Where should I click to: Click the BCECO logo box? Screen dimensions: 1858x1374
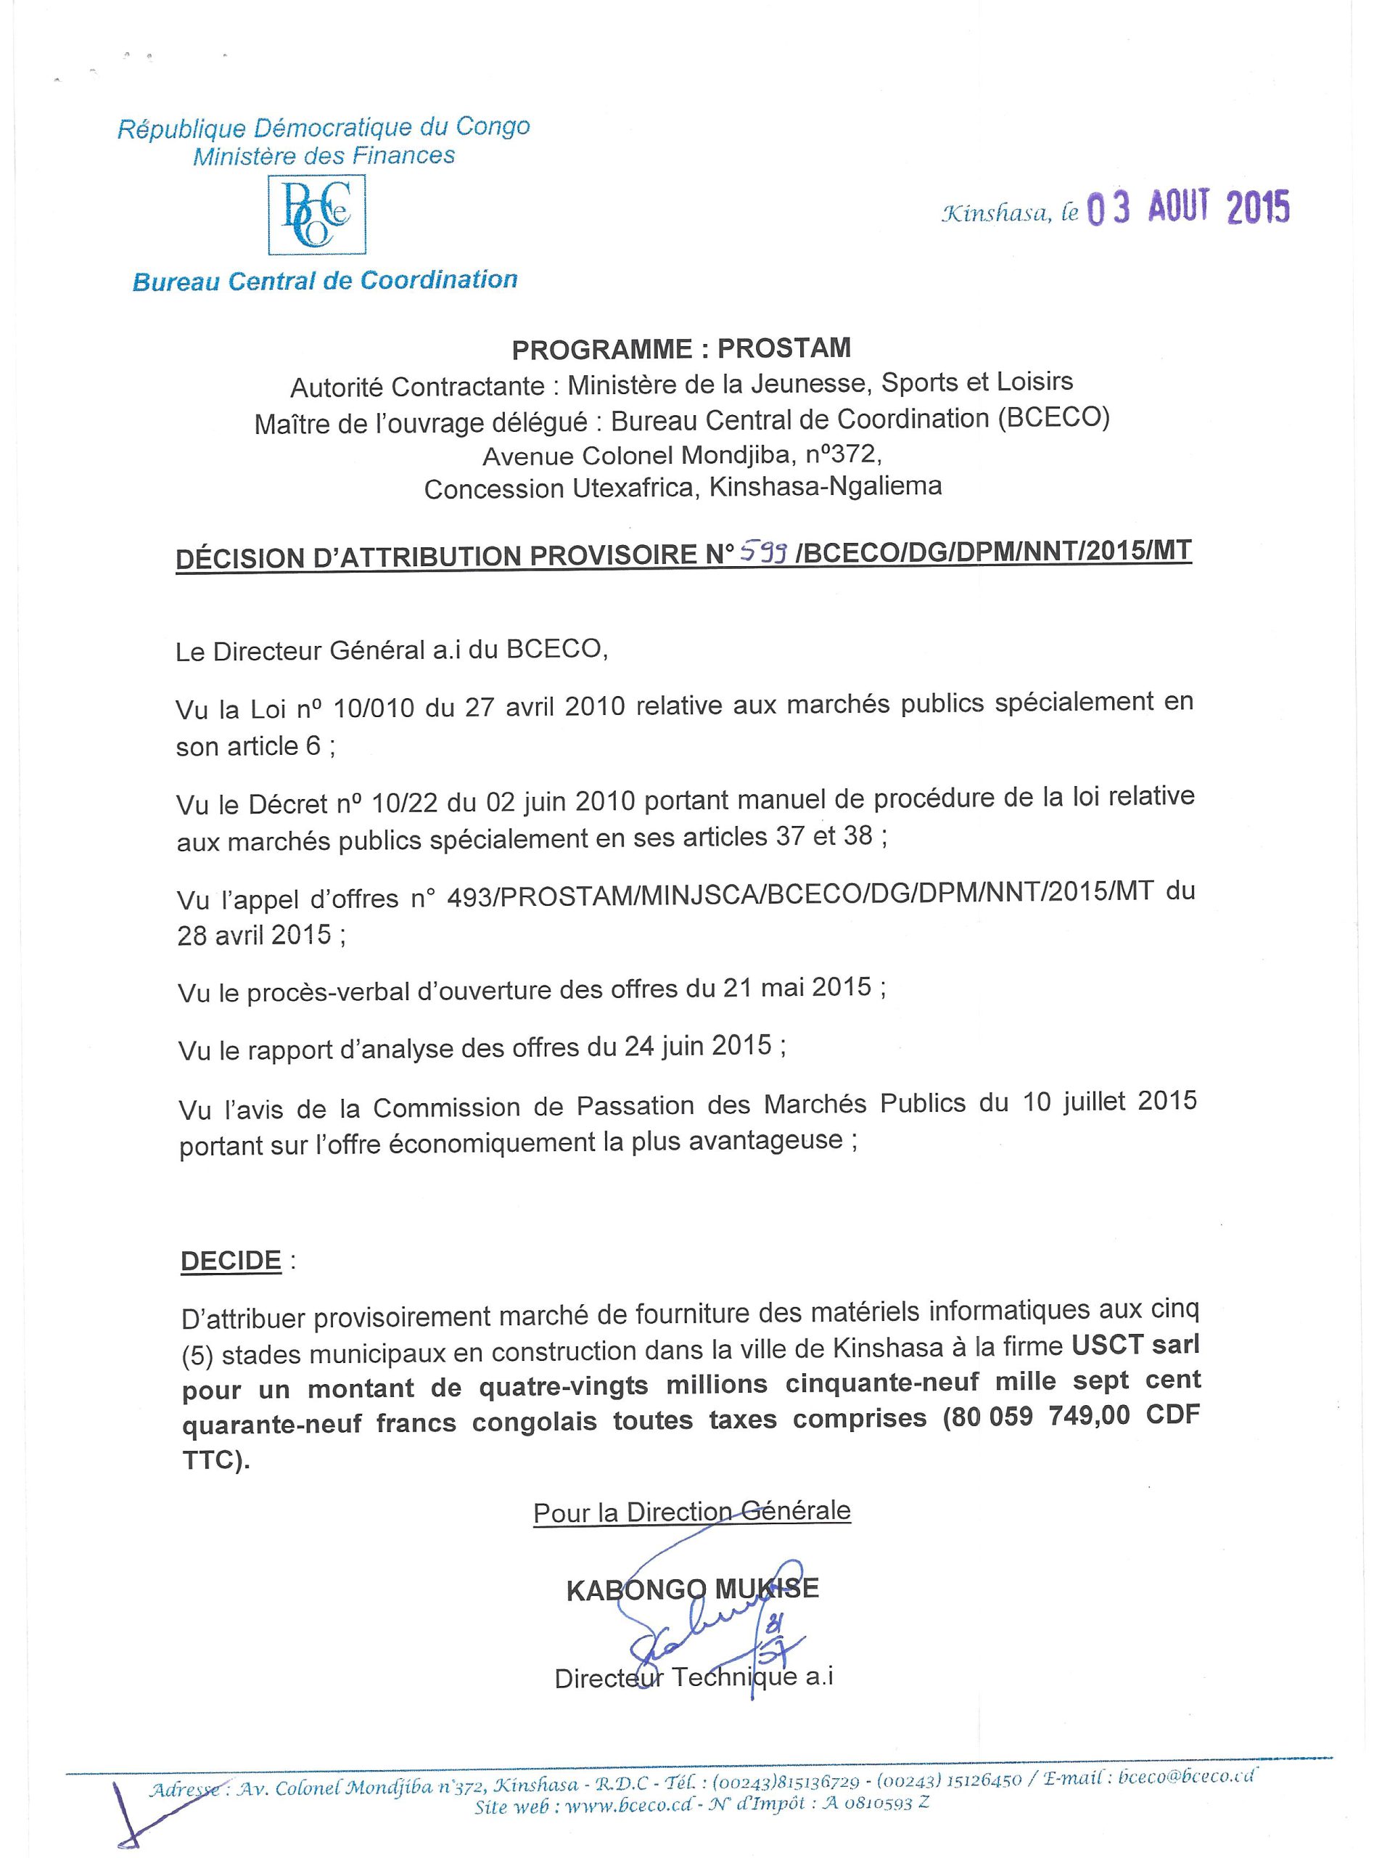[317, 215]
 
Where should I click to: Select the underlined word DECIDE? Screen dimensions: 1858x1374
[231, 1261]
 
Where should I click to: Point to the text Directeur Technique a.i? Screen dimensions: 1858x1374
[694, 1677]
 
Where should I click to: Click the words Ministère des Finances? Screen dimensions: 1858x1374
[324, 155]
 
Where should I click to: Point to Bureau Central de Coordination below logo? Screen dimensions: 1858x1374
[324, 280]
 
